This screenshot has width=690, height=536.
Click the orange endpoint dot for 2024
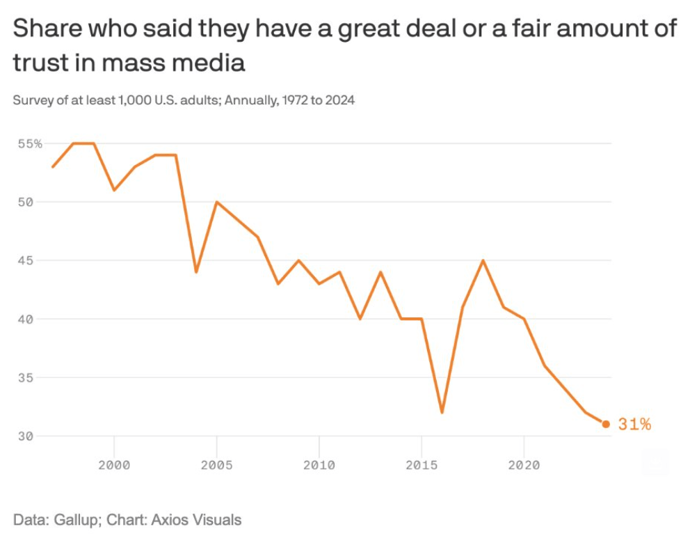coord(606,424)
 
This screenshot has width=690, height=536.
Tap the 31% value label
coord(634,424)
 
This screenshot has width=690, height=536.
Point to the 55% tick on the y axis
coord(30,143)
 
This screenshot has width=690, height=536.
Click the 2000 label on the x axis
coord(114,464)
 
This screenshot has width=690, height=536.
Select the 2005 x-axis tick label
coord(216,464)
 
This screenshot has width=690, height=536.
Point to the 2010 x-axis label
coord(319,464)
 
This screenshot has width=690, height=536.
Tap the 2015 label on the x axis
coord(421,464)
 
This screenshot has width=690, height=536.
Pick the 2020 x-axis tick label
coord(524,464)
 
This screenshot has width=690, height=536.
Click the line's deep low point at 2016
coord(442,412)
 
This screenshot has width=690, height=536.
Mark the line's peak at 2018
coord(483,260)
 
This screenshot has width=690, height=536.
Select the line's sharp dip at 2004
coord(196,271)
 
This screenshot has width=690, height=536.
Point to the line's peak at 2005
coord(216,202)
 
